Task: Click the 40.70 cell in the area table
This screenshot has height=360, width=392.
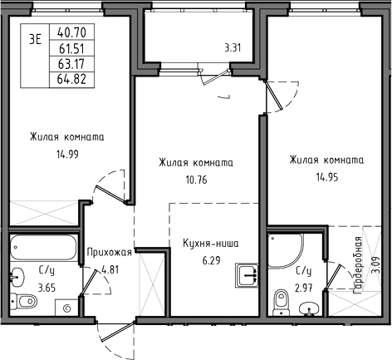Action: [x=71, y=32]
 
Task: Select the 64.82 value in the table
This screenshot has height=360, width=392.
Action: [x=71, y=80]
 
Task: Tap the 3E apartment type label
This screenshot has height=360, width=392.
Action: [x=36, y=40]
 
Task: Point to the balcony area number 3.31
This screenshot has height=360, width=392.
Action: [x=233, y=48]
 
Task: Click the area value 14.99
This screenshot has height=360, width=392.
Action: [x=67, y=154]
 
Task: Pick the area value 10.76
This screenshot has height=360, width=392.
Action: [x=196, y=180]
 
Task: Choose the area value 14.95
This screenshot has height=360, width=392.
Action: [x=327, y=177]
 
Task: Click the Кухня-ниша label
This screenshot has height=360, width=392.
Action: [x=211, y=244]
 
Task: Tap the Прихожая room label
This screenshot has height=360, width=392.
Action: [x=109, y=253]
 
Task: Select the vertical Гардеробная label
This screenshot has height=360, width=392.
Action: [x=358, y=265]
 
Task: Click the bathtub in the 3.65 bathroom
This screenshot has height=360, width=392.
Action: [x=43, y=247]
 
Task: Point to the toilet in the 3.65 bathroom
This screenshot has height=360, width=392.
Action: [x=24, y=301]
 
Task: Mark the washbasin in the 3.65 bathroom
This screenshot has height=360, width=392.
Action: [x=17, y=277]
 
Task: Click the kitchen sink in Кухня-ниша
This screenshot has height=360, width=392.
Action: [x=247, y=275]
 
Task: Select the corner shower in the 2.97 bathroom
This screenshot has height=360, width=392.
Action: [x=285, y=251]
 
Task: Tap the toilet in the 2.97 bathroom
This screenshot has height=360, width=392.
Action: [x=282, y=303]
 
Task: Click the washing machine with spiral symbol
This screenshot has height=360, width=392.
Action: [x=66, y=308]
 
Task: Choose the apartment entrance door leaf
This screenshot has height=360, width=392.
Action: [x=119, y=331]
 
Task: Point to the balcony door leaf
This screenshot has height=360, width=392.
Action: [x=216, y=76]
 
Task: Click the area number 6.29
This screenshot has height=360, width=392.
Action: [x=212, y=261]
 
